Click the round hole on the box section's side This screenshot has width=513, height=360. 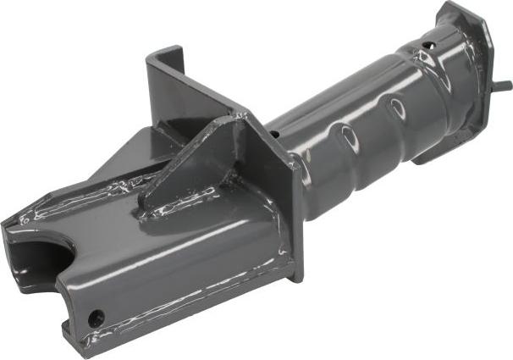97,318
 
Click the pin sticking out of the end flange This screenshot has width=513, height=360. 502,86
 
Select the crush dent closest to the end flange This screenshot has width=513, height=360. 397,108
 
